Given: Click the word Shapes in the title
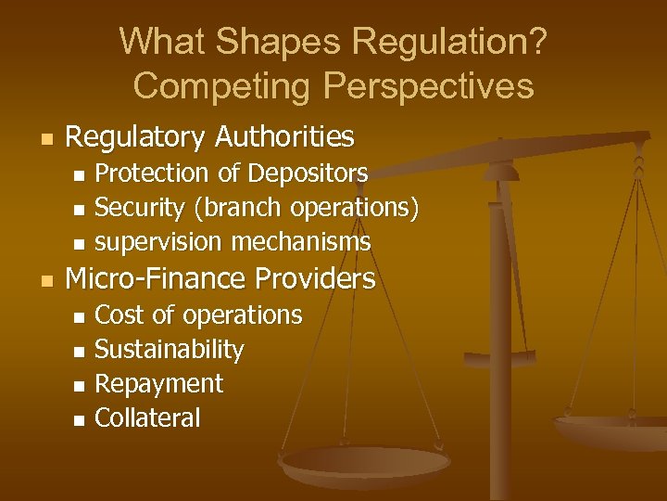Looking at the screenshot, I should point(249,41).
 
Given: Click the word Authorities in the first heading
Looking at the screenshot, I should point(284,137).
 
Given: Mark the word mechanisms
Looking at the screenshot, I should point(301,242).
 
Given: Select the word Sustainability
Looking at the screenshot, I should point(170,350).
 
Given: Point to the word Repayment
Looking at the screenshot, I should point(159,384).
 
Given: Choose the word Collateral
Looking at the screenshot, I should point(147,418).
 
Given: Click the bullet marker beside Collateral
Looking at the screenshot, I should point(79,420).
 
